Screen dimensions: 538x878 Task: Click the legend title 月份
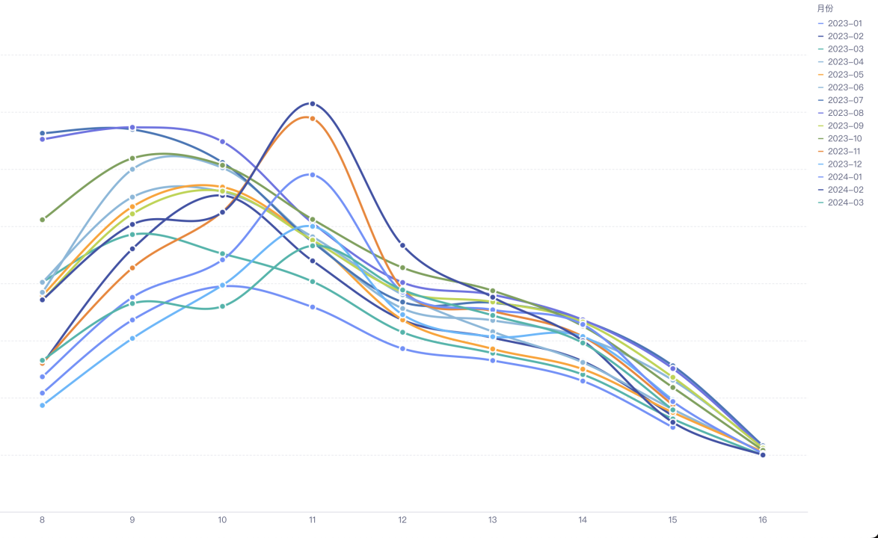pos(825,8)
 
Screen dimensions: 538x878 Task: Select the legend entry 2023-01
pos(844,23)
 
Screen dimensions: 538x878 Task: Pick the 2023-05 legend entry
pos(844,75)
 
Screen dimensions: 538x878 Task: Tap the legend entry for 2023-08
pos(844,113)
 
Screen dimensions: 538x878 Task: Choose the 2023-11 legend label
pos(844,152)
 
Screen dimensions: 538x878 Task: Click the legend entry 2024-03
pos(844,202)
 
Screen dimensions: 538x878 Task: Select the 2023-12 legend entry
pos(844,164)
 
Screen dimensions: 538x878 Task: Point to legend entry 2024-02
pos(844,190)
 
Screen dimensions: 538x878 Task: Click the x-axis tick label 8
pos(43,520)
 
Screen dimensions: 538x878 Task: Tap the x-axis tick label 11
pos(313,520)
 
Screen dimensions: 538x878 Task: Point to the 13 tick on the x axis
pos(493,520)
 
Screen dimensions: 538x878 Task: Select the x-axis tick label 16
pos(762,520)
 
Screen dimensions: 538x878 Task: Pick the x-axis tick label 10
pos(222,520)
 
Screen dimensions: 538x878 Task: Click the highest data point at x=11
pos(313,104)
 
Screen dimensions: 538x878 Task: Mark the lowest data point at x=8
pos(43,405)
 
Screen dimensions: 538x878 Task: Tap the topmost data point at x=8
pos(43,133)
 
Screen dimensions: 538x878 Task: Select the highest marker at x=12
pos(402,245)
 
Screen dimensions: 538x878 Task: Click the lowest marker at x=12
pos(402,348)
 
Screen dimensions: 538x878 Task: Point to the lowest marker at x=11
pos(313,307)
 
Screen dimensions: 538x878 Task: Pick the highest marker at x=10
pos(222,141)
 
